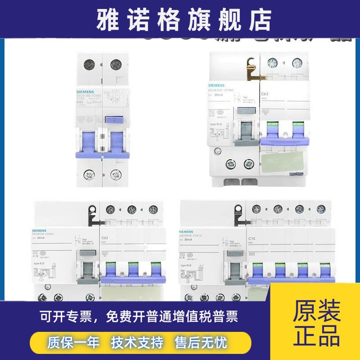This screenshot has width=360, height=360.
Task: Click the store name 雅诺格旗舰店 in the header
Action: pos(180,18)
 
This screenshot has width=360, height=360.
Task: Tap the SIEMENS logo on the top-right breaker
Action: pos(217,85)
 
